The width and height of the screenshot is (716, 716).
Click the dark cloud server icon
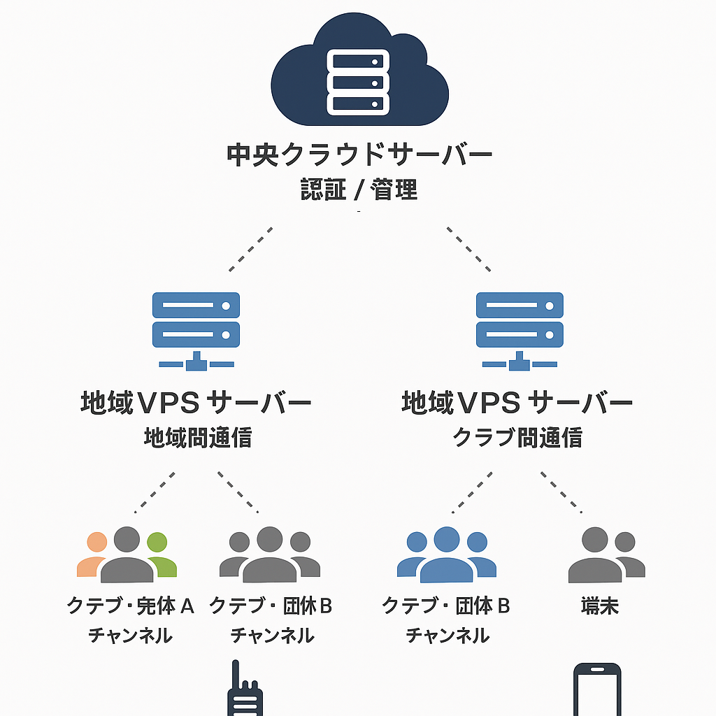[359, 73]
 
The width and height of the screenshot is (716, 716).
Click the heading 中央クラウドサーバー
[359, 155]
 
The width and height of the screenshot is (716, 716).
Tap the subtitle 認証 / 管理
[359, 189]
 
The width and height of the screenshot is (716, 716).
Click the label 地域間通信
[198, 438]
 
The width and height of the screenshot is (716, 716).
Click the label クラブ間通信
[517, 438]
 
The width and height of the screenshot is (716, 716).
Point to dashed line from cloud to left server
[250, 249]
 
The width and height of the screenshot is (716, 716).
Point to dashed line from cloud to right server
[468, 249]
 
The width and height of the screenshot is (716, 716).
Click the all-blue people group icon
[446, 556]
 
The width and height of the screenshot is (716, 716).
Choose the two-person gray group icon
[604, 556]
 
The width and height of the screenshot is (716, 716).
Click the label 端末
[600, 606]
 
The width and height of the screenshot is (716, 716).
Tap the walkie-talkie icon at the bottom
[244, 692]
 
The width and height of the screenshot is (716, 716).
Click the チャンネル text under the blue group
[447, 636]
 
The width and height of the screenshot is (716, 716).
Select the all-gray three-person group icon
[270, 556]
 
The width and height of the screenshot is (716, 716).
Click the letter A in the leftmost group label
[187, 606]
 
